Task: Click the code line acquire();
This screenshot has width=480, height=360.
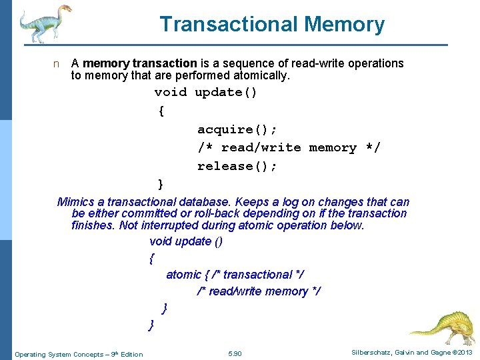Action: point(237,129)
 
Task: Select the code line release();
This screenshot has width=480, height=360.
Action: point(237,166)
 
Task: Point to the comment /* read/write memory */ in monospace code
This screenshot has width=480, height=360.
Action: point(289,147)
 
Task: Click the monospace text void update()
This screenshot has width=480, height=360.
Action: point(206,92)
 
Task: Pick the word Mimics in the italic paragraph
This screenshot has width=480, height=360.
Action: point(75,202)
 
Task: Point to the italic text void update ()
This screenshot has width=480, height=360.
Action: point(186,241)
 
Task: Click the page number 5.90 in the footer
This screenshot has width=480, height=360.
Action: point(235,353)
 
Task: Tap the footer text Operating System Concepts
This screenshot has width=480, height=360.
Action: point(61,354)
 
